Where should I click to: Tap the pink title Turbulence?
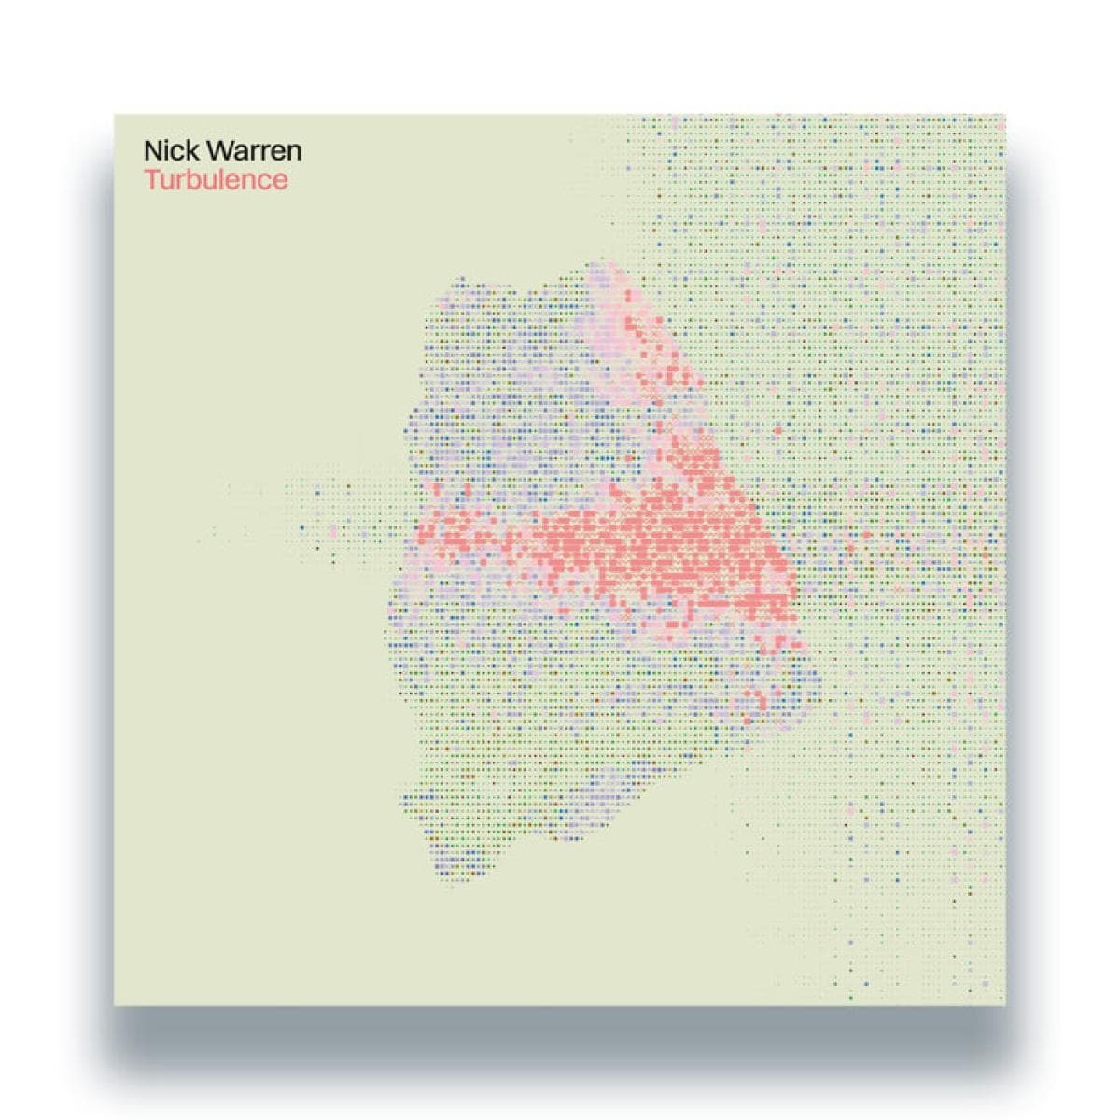[x=216, y=179]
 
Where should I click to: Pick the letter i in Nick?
[x=164, y=151]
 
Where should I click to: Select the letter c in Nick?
[x=173, y=153]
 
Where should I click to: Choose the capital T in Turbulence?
[x=151, y=179]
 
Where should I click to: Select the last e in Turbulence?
[x=280, y=181]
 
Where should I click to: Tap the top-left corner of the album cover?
[x=115, y=116]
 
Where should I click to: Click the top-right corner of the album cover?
[x=1005, y=116]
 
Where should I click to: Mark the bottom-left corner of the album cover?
[x=115, y=1005]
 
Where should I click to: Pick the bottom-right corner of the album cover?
[x=1005, y=1005]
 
